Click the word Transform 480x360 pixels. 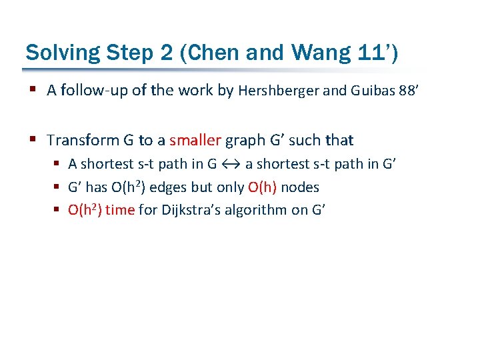click(81, 140)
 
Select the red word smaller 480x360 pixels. click(195, 140)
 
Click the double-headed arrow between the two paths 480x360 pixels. click(231, 164)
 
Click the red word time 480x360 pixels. click(120, 211)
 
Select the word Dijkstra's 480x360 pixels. click(176, 211)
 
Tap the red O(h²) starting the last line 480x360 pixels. click(85, 211)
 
